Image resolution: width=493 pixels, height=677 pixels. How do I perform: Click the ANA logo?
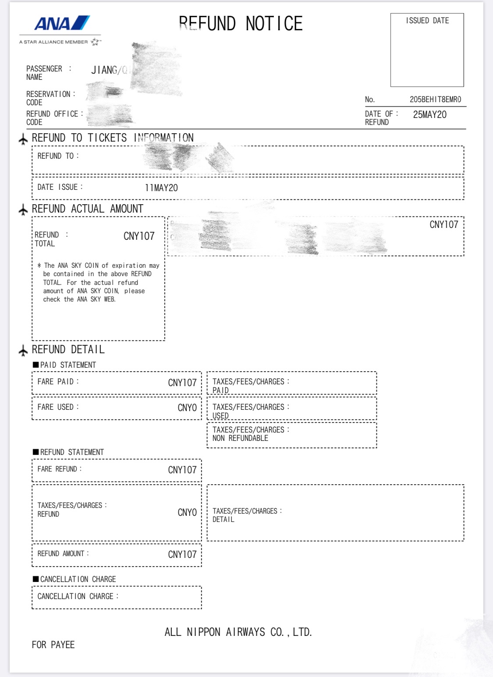pos(62,23)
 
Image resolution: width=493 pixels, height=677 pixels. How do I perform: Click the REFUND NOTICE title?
pos(241,24)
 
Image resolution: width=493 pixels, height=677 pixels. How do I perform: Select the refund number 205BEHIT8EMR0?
pos(435,99)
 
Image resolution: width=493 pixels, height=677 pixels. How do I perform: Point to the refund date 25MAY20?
pos(429,115)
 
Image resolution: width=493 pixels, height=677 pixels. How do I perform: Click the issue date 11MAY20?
pos(161,188)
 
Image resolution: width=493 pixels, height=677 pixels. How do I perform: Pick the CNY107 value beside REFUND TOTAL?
pos(139,236)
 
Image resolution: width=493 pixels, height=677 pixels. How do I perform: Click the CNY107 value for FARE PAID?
pos(182,383)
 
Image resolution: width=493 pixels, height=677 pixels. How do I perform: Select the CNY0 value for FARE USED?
pos(187,408)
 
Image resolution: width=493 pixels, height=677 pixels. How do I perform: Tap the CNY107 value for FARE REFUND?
pos(182,470)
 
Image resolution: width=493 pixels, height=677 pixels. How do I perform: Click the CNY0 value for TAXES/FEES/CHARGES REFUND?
pos(187,513)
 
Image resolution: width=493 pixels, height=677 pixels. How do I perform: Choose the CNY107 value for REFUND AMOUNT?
pos(182,555)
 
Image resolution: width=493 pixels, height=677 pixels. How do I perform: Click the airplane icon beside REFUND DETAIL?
pos(23,350)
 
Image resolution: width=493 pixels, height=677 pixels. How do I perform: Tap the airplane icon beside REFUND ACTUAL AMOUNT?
pos(23,210)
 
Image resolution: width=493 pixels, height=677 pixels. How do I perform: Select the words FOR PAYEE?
pos(53,645)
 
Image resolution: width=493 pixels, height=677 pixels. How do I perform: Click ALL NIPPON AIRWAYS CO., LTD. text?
pos(238,632)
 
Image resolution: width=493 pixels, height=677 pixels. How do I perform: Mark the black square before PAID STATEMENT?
pos(35,365)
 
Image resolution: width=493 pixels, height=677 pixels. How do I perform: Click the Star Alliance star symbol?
pos(95,42)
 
